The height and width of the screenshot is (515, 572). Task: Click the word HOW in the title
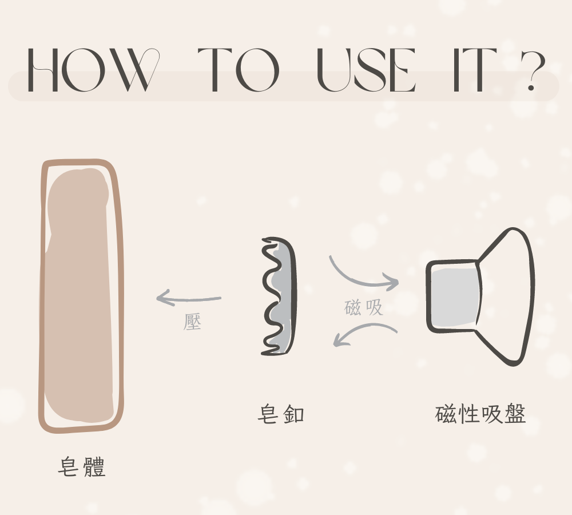94,70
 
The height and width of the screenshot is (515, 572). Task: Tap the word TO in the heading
239,70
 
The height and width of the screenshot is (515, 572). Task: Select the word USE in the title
366,70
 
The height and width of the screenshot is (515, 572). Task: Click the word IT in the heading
475,70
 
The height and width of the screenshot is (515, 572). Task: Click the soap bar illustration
81,296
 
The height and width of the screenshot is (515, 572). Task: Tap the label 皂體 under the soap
82,467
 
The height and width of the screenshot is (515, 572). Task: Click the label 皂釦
280,414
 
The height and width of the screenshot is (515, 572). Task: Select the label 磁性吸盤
480,414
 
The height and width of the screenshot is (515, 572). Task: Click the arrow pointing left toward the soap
188,299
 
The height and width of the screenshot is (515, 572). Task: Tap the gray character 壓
192,322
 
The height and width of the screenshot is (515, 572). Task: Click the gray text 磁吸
363,307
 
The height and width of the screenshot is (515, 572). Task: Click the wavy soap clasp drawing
279,296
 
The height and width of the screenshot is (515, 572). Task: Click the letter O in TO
257,70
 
